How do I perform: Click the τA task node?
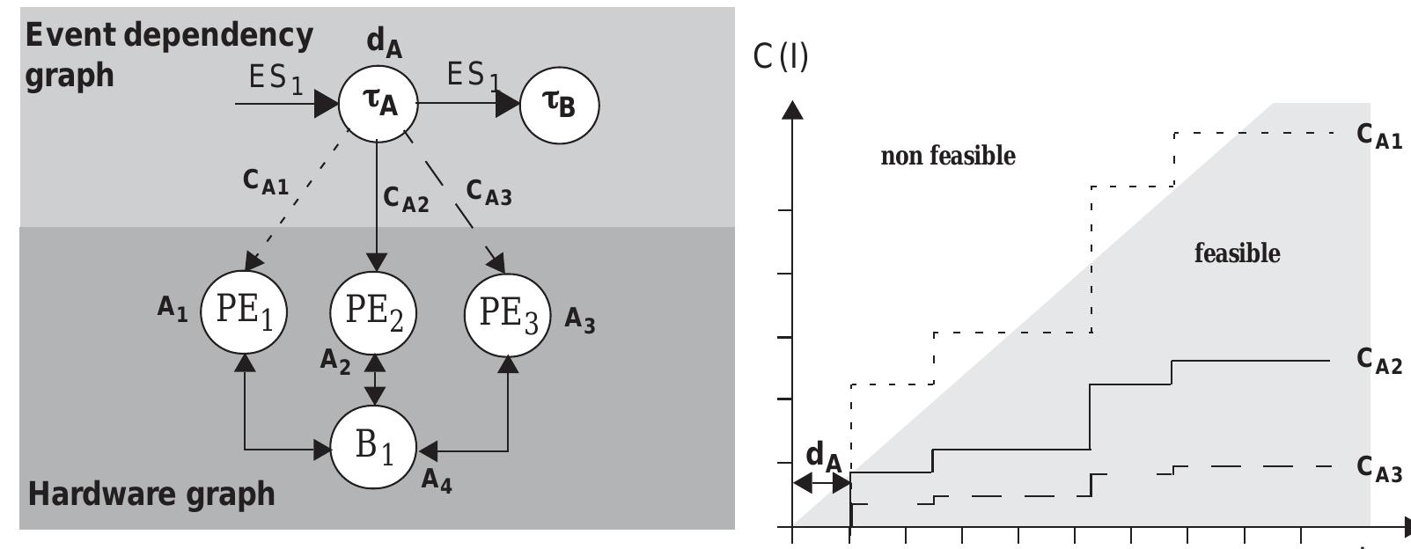[378, 103]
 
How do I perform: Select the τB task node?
[559, 105]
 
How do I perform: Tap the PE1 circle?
[244, 311]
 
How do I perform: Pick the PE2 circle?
[373, 311]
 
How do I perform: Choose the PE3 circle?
[508, 314]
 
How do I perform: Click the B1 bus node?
[373, 447]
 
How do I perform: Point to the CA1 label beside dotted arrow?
[265, 181]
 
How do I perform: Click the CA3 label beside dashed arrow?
[489, 192]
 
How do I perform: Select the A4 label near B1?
[437, 480]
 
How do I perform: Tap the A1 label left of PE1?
[173, 309]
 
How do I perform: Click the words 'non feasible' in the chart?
[948, 157]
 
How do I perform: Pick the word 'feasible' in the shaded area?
[1237, 253]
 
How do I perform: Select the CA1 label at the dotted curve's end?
[1378, 135]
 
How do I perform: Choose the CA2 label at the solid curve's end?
[1378, 361]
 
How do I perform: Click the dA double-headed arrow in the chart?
[821, 483]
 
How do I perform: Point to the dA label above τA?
[384, 41]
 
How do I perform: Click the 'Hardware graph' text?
[151, 494]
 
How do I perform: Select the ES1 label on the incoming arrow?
[276, 79]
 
